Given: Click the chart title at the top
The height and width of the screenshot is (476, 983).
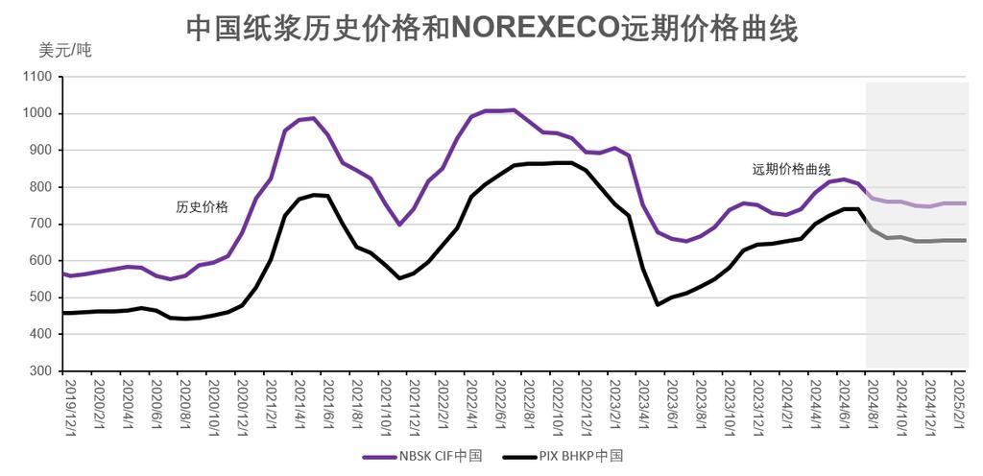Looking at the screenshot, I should [491, 29].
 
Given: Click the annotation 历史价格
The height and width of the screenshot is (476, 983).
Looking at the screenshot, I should [203, 206].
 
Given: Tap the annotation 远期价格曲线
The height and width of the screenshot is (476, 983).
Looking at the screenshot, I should [790, 169].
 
